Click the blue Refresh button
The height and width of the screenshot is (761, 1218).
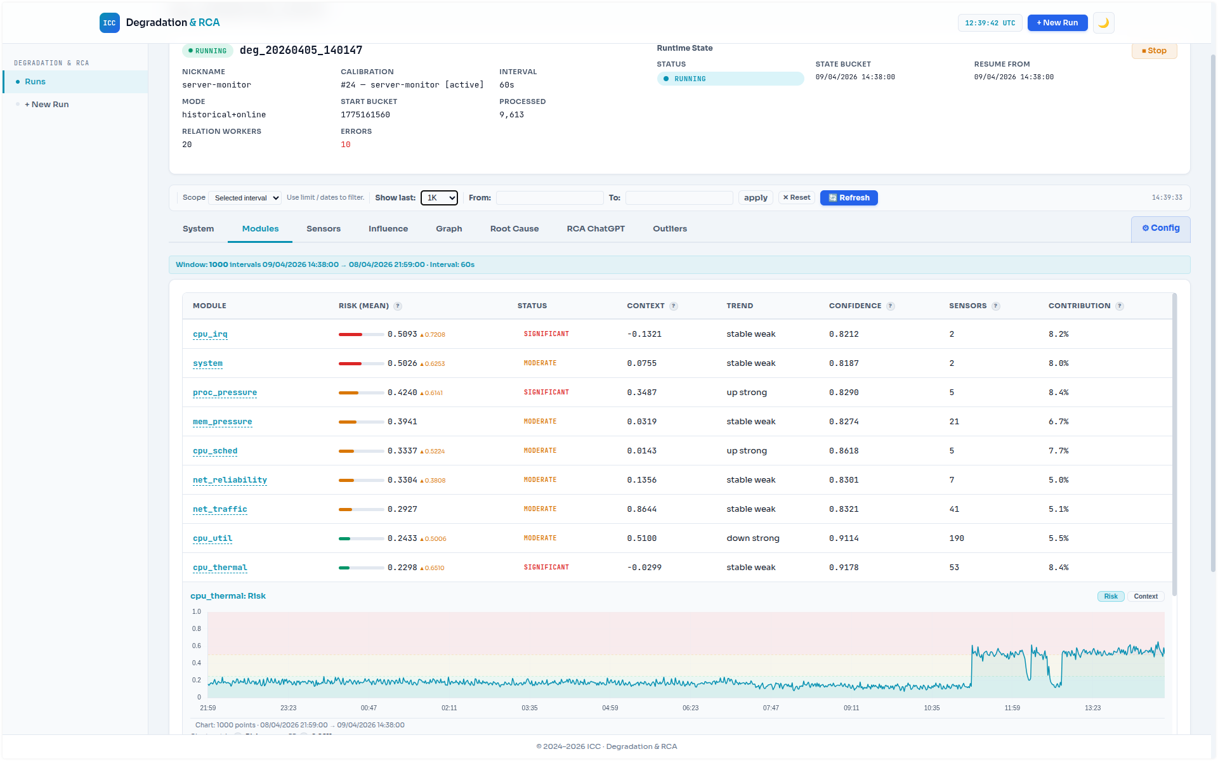(x=848, y=198)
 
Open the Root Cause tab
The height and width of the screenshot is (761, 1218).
(x=514, y=229)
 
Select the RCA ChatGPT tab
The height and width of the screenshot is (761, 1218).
(x=595, y=229)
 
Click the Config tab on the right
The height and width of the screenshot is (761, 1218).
(x=1160, y=228)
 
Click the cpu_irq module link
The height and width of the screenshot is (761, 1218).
(x=210, y=334)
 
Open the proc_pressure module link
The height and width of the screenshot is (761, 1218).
(x=225, y=393)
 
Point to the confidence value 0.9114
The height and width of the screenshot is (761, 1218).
(x=843, y=538)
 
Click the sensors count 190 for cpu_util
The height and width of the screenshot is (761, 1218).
(x=956, y=538)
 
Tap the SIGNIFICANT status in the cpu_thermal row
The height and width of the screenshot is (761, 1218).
(x=546, y=568)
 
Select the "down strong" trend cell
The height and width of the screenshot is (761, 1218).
(x=752, y=538)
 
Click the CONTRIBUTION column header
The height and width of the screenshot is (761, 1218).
(x=1078, y=306)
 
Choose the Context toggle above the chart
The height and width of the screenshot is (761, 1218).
(x=1145, y=596)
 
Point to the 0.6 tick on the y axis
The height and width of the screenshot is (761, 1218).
(x=197, y=646)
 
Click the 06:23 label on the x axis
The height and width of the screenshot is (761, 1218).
(x=690, y=708)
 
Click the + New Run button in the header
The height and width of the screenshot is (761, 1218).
(x=1057, y=23)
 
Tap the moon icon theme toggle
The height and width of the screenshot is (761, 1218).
(x=1103, y=23)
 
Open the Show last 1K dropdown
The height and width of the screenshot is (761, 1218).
(x=439, y=198)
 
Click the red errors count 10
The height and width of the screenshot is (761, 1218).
(x=345, y=145)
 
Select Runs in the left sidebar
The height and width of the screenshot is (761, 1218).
(x=36, y=82)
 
